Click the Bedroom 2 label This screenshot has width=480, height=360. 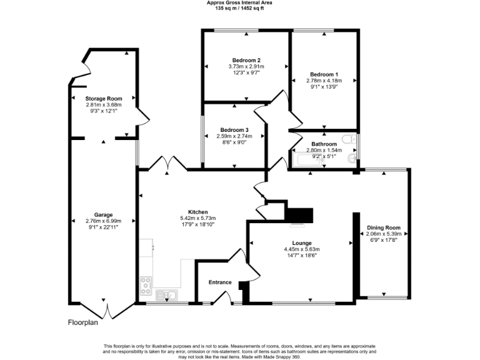click(x=246, y=60)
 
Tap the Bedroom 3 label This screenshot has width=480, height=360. click(x=234, y=129)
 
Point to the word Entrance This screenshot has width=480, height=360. click(x=220, y=282)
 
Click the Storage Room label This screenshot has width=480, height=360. click(x=104, y=99)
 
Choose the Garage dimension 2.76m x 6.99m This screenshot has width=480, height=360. click(x=103, y=221)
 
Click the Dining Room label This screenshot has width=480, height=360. click(x=383, y=227)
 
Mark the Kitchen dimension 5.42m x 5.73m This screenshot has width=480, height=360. click(x=197, y=218)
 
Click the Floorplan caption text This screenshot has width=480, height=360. click(x=83, y=323)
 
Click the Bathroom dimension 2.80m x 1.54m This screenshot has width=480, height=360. click(x=324, y=150)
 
